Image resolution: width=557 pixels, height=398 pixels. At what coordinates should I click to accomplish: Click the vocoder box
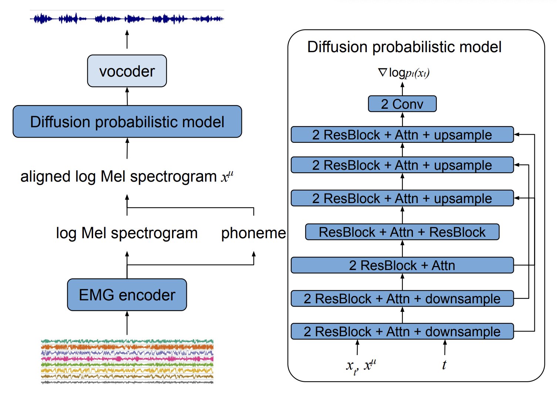(x=127, y=71)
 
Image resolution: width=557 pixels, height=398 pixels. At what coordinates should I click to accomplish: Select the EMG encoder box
(x=127, y=295)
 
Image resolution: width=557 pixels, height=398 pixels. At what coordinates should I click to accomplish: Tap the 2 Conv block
(x=402, y=104)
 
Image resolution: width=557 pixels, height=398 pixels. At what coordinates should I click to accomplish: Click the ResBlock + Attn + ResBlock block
(x=402, y=232)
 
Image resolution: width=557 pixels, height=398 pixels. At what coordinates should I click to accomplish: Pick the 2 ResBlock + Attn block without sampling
(x=402, y=266)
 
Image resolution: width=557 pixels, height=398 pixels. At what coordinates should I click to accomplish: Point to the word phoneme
(x=253, y=233)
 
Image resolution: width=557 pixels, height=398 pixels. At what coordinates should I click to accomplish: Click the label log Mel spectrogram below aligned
(x=127, y=233)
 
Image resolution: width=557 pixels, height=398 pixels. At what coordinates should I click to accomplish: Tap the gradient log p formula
(x=404, y=73)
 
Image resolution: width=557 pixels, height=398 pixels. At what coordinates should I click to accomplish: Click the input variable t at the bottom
(x=444, y=365)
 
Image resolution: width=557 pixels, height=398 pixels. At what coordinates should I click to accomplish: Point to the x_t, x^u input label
(x=361, y=366)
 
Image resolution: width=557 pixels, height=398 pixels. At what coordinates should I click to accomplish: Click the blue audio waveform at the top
(x=127, y=18)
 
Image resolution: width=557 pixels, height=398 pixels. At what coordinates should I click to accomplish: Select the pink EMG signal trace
(x=127, y=359)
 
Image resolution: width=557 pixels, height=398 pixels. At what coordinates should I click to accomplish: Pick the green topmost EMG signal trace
(x=127, y=341)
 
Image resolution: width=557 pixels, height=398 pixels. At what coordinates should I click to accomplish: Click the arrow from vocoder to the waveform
(x=127, y=40)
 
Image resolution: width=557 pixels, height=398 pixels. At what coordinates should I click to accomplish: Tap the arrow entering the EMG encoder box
(x=127, y=323)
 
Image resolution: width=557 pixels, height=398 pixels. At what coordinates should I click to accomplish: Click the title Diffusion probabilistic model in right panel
(x=404, y=47)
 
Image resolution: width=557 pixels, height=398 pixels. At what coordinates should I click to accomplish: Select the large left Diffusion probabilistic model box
(x=127, y=122)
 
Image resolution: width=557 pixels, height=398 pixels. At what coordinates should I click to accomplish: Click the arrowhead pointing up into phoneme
(x=254, y=254)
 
